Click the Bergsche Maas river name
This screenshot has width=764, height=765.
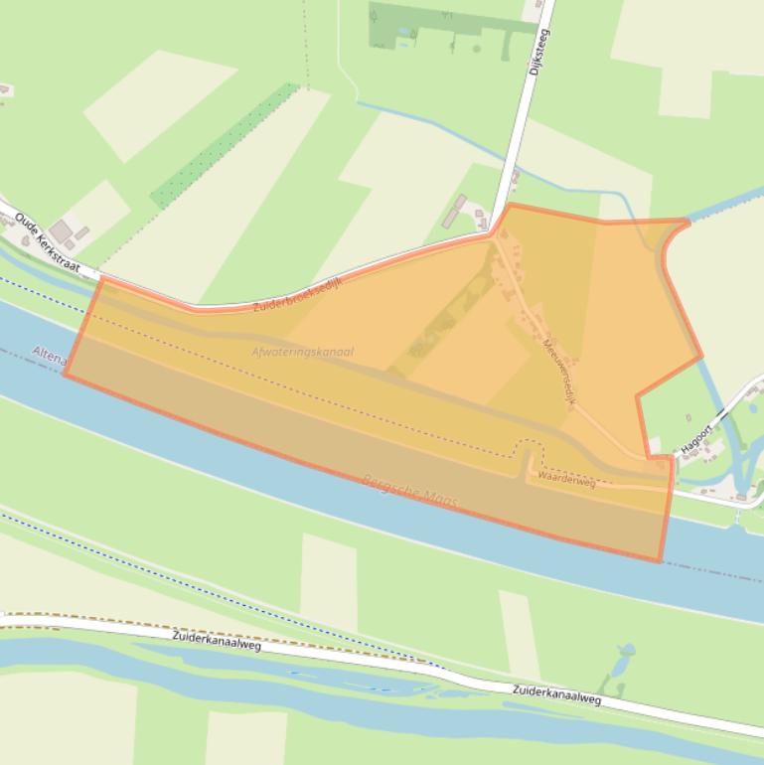pos(412,492)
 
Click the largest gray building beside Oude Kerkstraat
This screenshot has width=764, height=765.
pos(62,231)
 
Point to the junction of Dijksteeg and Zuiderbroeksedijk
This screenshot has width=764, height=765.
pos(494,232)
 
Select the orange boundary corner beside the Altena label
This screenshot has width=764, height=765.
pos(66,374)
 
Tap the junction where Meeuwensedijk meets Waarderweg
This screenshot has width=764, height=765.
pos(636,458)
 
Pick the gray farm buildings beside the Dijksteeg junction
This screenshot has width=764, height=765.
pos(460,210)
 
